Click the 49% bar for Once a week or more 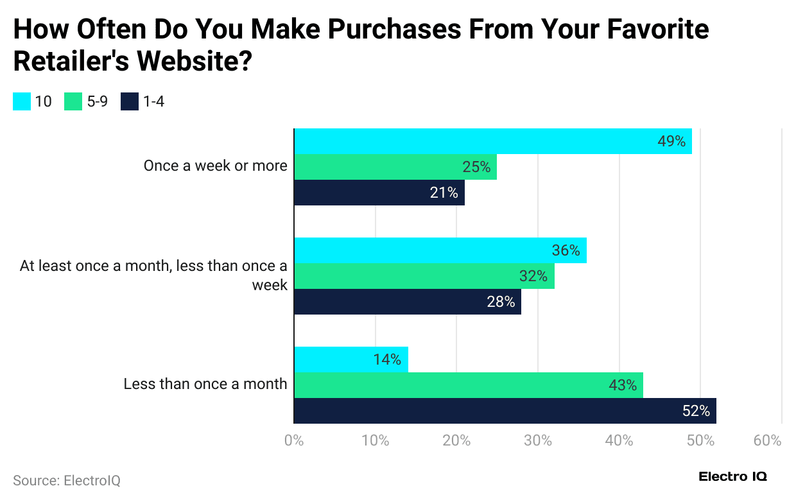pos(492,141)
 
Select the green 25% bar pos(395,167)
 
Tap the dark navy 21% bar pos(379,193)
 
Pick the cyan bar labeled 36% pos(440,250)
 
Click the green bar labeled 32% pos(424,276)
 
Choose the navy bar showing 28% pos(407,302)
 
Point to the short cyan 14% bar pos(350,359)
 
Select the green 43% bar pos(468,385)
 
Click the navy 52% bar pos(505,411)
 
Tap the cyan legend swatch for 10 pos(22,101)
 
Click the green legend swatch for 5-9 pos(73,101)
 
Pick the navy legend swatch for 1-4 pos(130,101)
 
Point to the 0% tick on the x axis pos(293,441)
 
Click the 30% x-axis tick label pos(537,441)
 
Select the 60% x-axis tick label pos(767,441)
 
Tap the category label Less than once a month pos(205,384)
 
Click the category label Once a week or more pos(215,166)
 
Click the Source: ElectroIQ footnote pos(66,480)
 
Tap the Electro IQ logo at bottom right pos(732,476)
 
